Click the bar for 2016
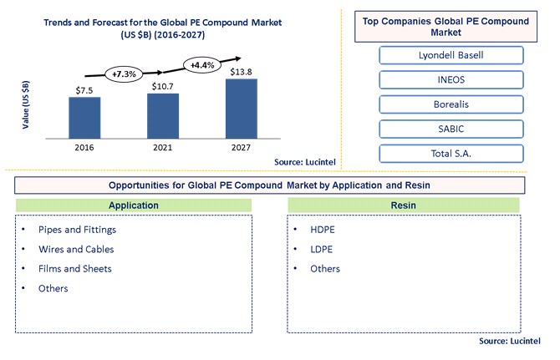[x=84, y=118]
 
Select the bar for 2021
[x=163, y=115]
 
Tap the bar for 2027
[x=242, y=109]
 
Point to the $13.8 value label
[x=241, y=72]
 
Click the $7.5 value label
[x=84, y=90]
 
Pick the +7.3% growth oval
[x=124, y=74]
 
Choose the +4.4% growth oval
[x=202, y=65]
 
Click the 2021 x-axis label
[x=162, y=147]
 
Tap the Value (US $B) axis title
[x=26, y=105]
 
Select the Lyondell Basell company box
[x=451, y=55]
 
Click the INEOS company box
[x=451, y=79]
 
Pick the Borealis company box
[x=451, y=104]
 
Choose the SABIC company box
[x=451, y=129]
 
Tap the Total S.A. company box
[x=451, y=154]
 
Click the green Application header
[x=134, y=205]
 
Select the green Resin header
[x=404, y=205]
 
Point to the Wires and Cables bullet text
[x=76, y=250]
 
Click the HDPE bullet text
[x=323, y=230]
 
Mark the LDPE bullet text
[x=322, y=250]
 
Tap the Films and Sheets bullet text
[x=75, y=269]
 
